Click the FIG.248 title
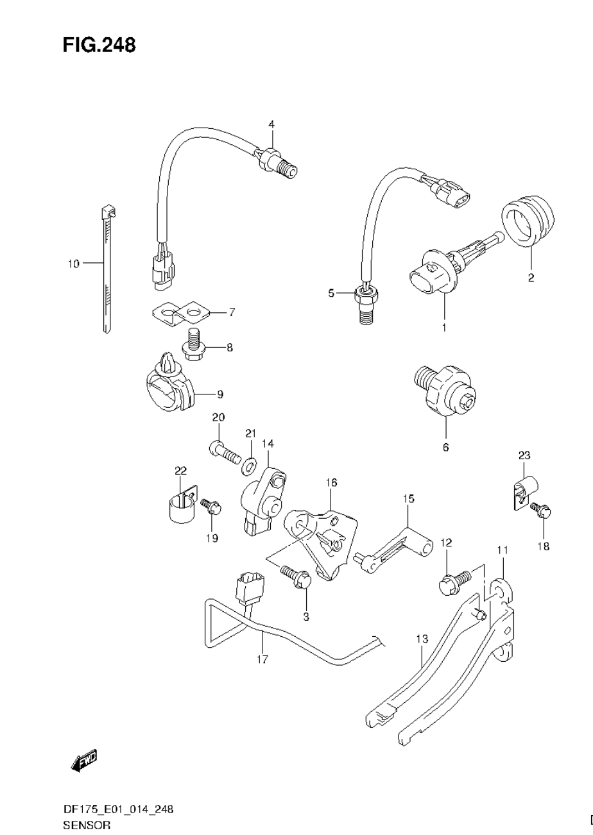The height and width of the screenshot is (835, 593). pyautogui.click(x=99, y=45)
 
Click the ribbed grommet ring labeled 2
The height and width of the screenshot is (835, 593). pyautogui.click(x=528, y=222)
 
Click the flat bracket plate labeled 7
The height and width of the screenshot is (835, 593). pyautogui.click(x=180, y=313)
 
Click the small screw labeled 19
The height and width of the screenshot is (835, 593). pyautogui.click(x=211, y=507)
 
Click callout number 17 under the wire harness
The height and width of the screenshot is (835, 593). pyautogui.click(x=262, y=659)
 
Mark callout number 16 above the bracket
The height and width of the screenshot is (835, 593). pyautogui.click(x=331, y=482)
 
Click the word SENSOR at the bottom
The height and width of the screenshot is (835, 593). pyautogui.click(x=87, y=825)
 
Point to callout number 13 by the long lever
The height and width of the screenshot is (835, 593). pyautogui.click(x=421, y=639)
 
